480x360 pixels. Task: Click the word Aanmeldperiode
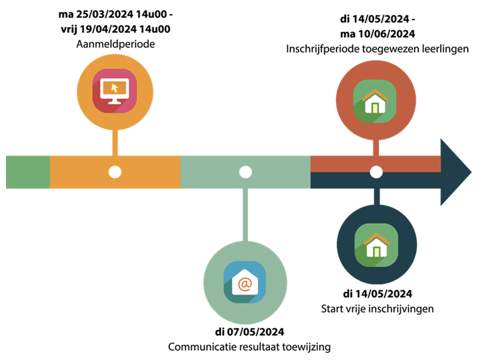115,44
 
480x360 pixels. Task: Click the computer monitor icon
115,91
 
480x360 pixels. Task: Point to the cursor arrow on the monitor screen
114,88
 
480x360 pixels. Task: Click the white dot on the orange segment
115,172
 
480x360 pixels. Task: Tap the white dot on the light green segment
245,172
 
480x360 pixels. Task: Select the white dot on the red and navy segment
376,172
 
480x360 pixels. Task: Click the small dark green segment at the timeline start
28,172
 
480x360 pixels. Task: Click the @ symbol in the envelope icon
245,284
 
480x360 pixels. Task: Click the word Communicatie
202,347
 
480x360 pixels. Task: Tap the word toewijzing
306,347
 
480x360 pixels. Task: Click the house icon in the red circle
375,101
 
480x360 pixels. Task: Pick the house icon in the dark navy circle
377,245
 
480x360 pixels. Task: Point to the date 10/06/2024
386,34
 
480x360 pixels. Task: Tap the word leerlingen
446,49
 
